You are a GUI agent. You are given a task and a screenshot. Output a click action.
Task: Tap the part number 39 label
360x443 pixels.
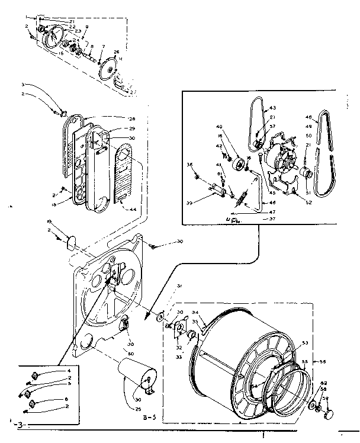(205, 203)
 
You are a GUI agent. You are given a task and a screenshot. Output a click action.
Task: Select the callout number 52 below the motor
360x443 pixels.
(308, 202)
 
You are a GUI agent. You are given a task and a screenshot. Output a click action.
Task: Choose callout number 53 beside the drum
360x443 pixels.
(306, 343)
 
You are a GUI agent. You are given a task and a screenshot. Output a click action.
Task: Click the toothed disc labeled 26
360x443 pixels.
(108, 67)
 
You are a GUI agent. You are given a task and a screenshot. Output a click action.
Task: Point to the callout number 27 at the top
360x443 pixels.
(133, 92)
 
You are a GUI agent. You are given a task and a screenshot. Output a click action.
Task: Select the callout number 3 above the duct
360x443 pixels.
(39, 85)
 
